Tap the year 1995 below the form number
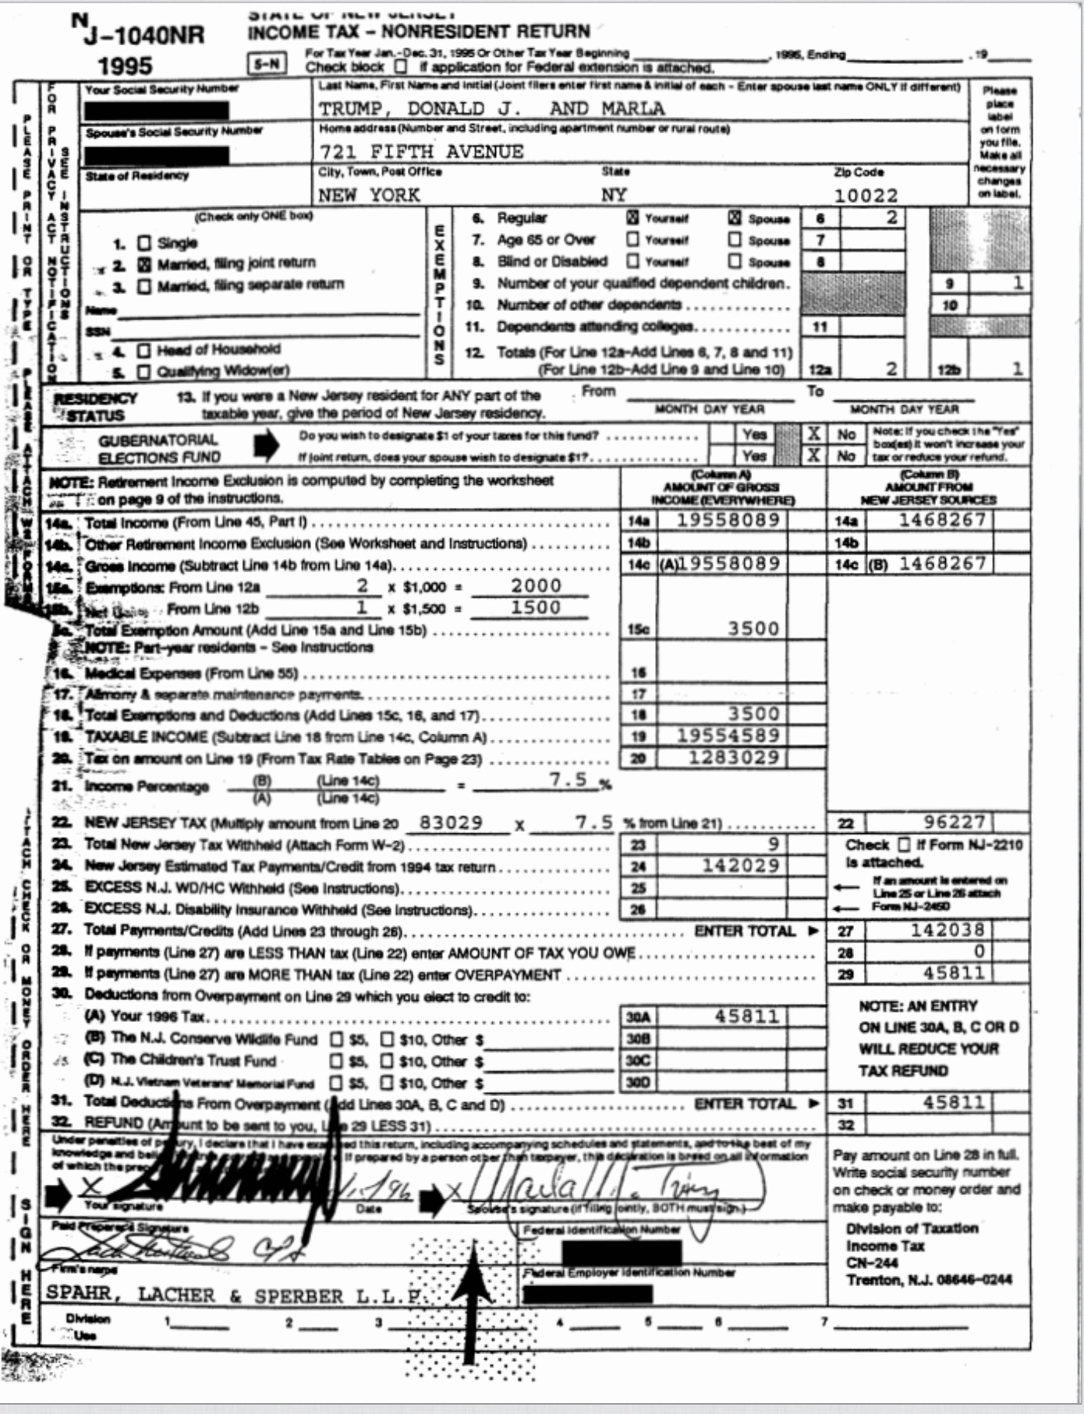click(126, 65)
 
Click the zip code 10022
click(866, 195)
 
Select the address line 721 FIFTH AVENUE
click(421, 151)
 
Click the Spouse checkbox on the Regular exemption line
click(735, 218)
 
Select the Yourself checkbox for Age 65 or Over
click(632, 239)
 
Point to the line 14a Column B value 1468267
click(942, 520)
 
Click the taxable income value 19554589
click(728, 735)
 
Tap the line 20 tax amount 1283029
click(733, 757)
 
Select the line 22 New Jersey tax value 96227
click(955, 822)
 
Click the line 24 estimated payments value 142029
click(740, 865)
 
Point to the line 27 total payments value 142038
click(947, 929)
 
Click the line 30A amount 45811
click(746, 1016)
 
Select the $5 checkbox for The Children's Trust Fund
click(337, 1061)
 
